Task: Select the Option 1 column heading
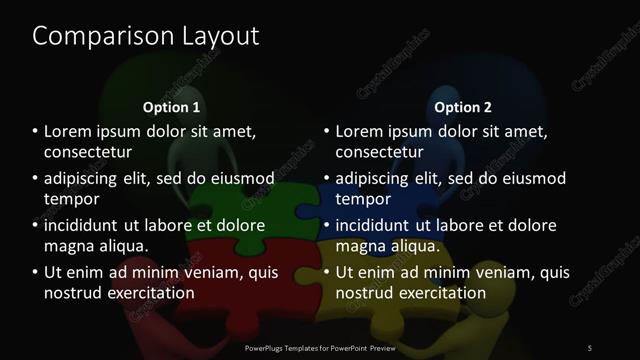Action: pos(171,107)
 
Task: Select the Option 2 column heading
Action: pos(463,107)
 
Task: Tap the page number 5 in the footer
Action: pos(590,347)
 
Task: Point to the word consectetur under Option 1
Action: pos(88,152)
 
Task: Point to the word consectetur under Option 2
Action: pos(380,152)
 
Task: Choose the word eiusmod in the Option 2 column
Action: pos(528,179)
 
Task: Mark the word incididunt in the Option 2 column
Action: pos(376,225)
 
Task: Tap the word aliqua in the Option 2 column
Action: pos(417,245)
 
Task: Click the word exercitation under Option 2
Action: pos(441,292)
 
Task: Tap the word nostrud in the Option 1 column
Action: pos(73,292)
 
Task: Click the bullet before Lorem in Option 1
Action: pos(35,132)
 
